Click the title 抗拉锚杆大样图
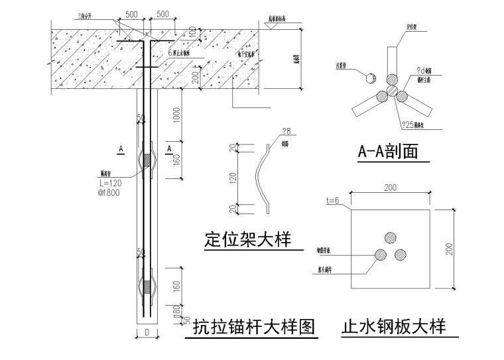[253, 328]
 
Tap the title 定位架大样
[247, 238]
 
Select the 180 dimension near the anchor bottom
[176, 312]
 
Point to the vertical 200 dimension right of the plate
[449, 249]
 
